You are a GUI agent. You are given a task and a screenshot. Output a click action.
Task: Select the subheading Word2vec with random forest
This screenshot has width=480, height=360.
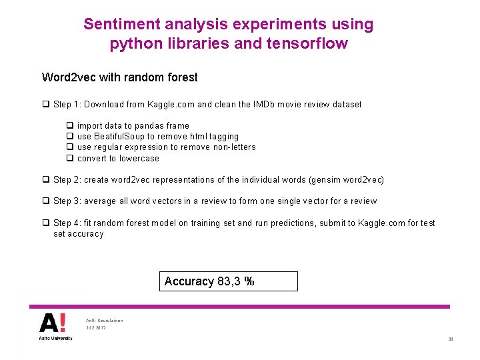click(119, 77)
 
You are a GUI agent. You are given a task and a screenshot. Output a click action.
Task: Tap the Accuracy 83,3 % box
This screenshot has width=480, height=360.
click(229, 281)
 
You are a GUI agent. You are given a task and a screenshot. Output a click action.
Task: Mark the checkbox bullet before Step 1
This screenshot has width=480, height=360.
click(45, 105)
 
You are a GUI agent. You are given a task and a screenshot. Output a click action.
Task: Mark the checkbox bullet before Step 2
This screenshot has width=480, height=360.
click(45, 180)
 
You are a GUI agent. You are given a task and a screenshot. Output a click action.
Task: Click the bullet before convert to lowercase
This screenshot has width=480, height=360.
click(69, 159)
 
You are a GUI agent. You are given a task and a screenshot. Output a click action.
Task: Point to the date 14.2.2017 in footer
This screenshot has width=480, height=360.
click(96, 328)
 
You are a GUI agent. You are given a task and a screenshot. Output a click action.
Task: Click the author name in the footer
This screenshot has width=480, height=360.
click(105, 320)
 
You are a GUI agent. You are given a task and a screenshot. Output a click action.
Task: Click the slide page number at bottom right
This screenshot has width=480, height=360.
click(451, 340)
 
